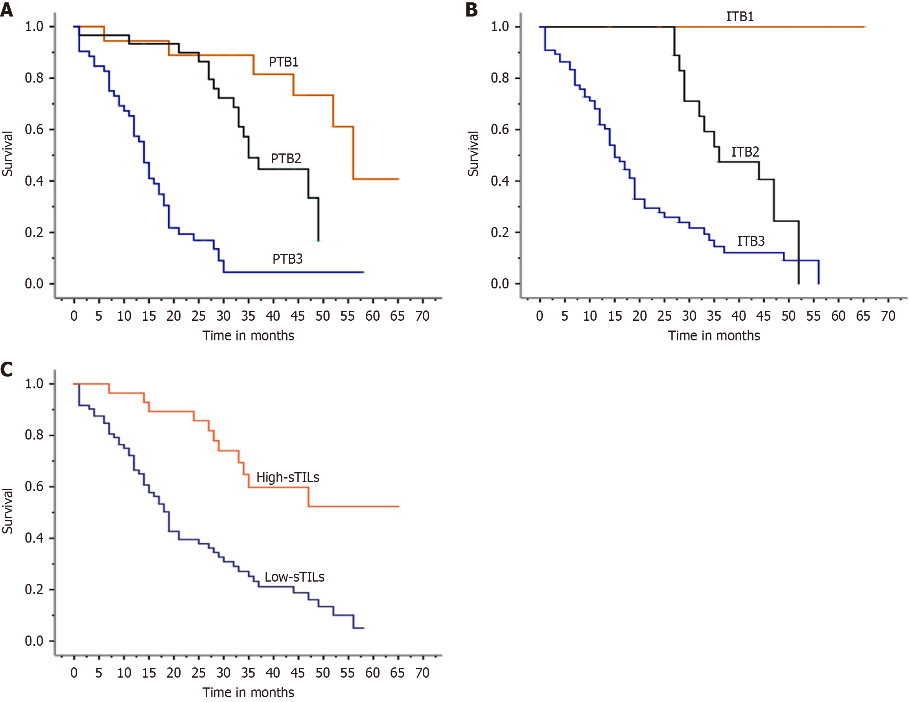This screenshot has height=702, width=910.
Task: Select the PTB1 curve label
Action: coord(283,62)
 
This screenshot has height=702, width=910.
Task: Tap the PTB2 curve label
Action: coord(286,159)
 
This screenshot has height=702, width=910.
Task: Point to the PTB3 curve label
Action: coord(287,259)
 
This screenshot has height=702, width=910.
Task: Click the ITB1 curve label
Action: coord(740,17)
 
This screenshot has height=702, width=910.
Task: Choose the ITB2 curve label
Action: coord(745,152)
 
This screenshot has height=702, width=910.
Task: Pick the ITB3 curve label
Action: coord(750,241)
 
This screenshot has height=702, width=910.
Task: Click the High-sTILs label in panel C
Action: coord(287,477)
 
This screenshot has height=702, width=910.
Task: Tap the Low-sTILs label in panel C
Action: coord(294,577)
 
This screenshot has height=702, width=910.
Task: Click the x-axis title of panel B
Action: coord(714,336)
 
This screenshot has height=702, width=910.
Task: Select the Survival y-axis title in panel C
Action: coord(7,511)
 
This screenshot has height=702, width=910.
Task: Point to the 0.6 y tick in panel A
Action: coord(34,129)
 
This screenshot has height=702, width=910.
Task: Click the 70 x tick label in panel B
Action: coord(888,316)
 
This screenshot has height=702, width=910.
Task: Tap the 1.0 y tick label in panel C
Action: coord(34,384)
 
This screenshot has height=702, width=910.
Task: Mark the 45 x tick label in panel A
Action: coord(297,316)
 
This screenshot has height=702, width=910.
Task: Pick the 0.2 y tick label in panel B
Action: coord(500,233)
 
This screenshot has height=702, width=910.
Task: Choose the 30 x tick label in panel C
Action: coord(223,673)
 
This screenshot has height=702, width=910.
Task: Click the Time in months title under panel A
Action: coord(248,336)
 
